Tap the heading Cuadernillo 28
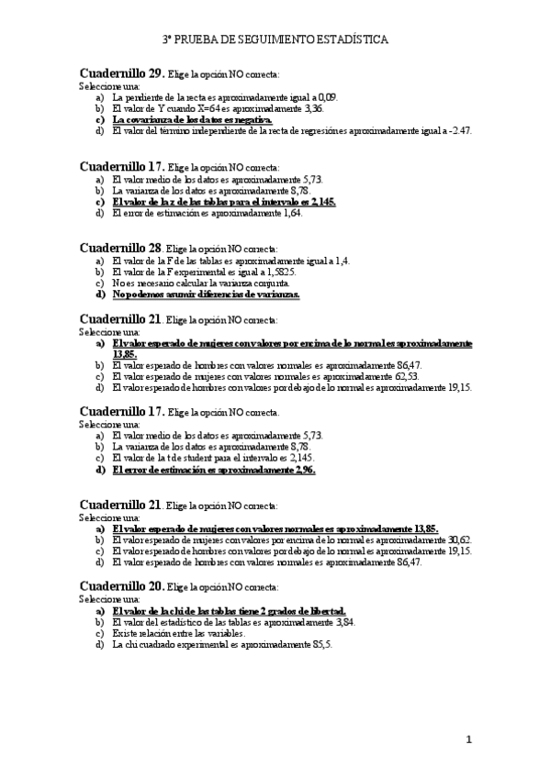pyautogui.click(x=121, y=248)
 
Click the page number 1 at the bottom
pyautogui.click(x=468, y=739)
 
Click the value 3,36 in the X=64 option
pyautogui.click(x=314, y=107)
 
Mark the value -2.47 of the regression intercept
pyautogui.click(x=458, y=131)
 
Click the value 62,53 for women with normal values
pyautogui.click(x=403, y=375)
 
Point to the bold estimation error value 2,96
pyautogui.click(x=301, y=470)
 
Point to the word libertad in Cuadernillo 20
pyautogui.click(x=325, y=609)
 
